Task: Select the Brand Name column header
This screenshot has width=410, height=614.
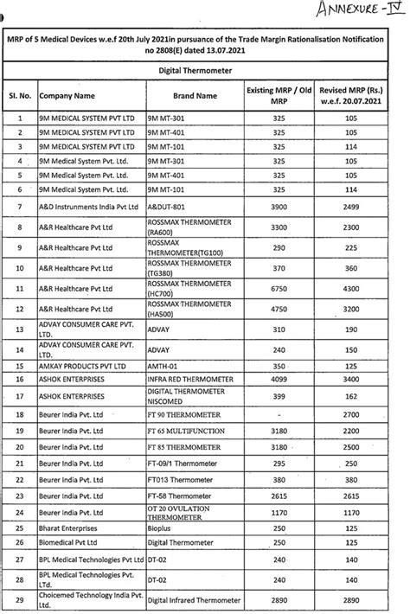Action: pyautogui.click(x=194, y=97)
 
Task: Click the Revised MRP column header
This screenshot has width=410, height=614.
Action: pyautogui.click(x=350, y=97)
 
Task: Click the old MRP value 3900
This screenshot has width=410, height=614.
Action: pyautogui.click(x=279, y=208)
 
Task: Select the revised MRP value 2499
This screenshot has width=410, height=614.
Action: pyautogui.click(x=350, y=208)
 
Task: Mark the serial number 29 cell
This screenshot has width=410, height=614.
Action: pyautogui.click(x=18, y=599)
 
